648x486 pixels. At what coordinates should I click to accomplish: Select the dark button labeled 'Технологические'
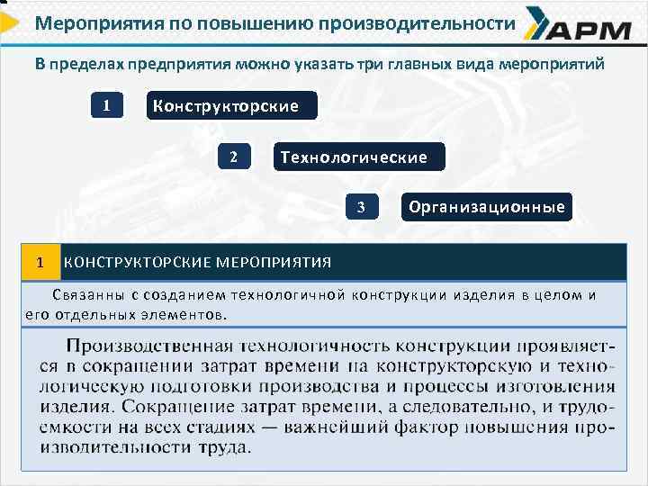353,157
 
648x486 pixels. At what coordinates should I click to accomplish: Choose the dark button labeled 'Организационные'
486,207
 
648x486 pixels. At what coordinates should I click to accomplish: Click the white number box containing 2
233,157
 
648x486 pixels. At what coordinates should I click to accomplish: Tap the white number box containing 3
361,208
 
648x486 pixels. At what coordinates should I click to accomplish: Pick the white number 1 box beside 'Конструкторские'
106,106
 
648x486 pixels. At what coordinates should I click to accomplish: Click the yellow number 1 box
40,262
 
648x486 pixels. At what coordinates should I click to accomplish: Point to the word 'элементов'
184,313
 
